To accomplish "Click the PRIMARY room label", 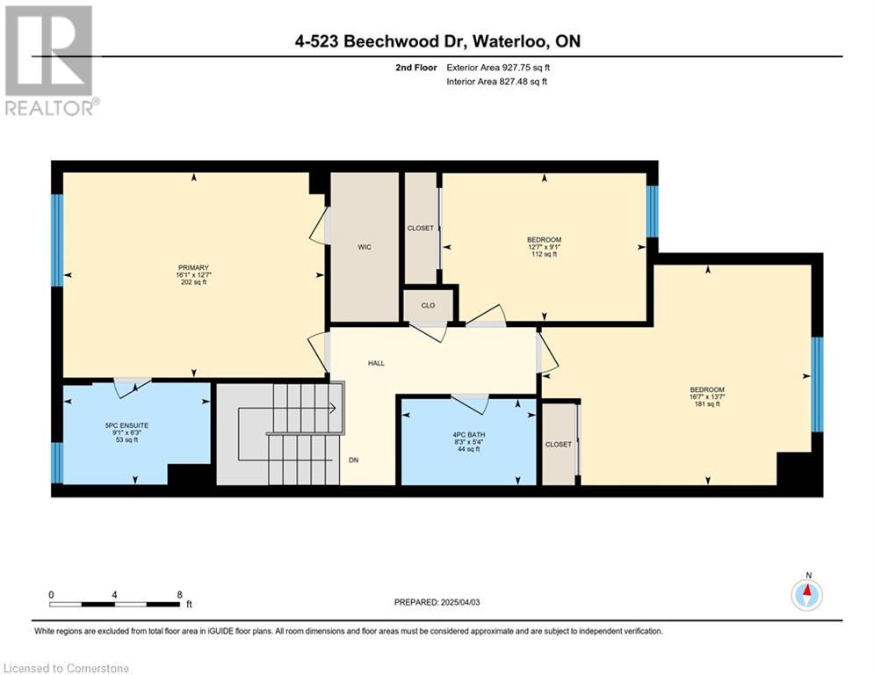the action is [193, 268].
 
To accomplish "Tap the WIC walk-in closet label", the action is [365, 247].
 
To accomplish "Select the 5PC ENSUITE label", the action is [126, 425].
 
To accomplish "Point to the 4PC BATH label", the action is [469, 434].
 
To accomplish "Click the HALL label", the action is [376, 363].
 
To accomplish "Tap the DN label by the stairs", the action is [353, 461].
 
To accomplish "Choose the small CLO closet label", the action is [428, 306].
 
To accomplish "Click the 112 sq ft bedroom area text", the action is [545, 254].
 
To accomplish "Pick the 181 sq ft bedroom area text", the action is [707, 404].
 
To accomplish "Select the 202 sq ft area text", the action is [193, 282].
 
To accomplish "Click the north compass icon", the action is [806, 595].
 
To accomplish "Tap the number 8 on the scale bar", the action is [179, 595].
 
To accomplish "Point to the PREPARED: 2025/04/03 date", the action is [437, 602].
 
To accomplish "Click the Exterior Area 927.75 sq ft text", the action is [498, 68].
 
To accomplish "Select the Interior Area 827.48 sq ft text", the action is [496, 82].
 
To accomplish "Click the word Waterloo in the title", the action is [512, 41].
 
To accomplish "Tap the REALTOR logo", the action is [51, 61].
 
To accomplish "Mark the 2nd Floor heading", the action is [415, 68].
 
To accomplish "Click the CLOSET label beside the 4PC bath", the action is [558, 445].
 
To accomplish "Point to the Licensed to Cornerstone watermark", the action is [67, 668].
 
